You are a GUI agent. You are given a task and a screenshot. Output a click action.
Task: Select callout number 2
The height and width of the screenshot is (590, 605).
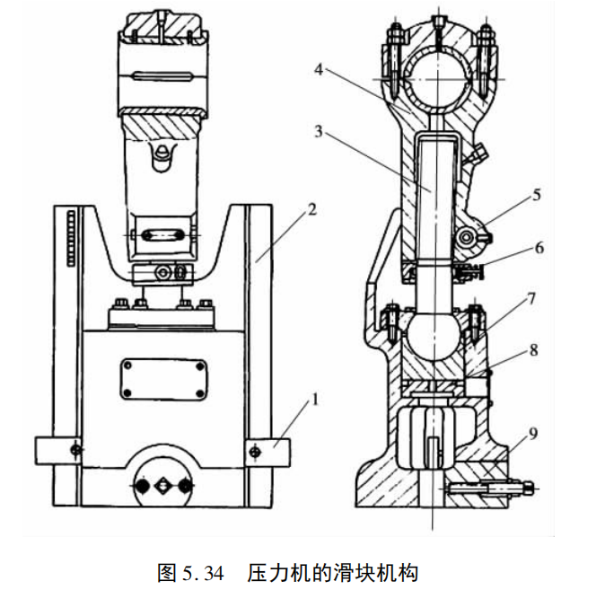pos(311,208)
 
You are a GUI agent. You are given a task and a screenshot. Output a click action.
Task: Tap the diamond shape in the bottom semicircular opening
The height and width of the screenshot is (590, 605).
pos(162,485)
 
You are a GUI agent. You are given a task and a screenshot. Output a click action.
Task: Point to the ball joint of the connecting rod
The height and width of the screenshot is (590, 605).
pos(431,339)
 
